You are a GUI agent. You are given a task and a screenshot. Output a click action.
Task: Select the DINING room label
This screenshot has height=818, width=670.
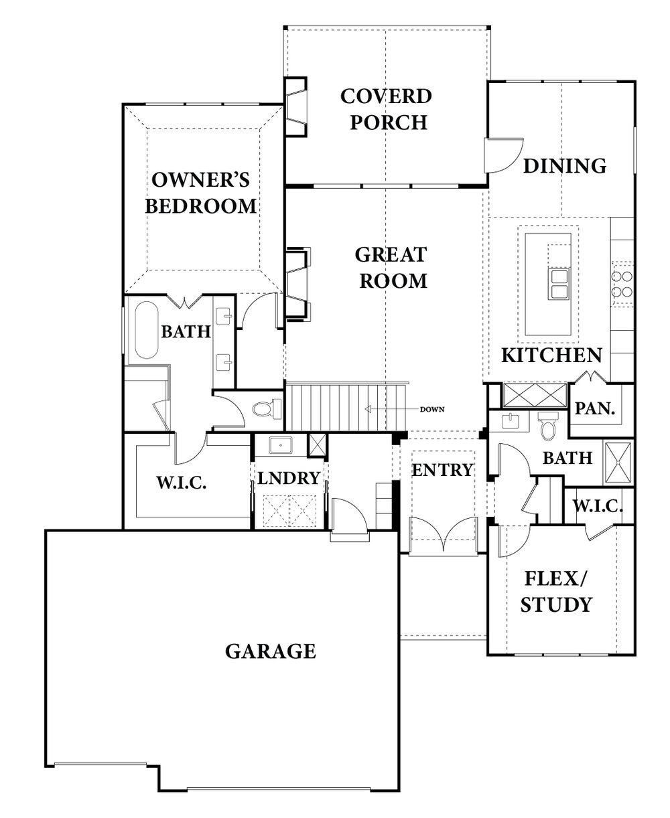coord(564,165)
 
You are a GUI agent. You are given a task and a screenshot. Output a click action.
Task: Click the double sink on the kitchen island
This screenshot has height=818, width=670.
coord(557,283)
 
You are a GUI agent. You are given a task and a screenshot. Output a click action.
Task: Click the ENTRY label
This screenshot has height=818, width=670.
coord(442,470)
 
